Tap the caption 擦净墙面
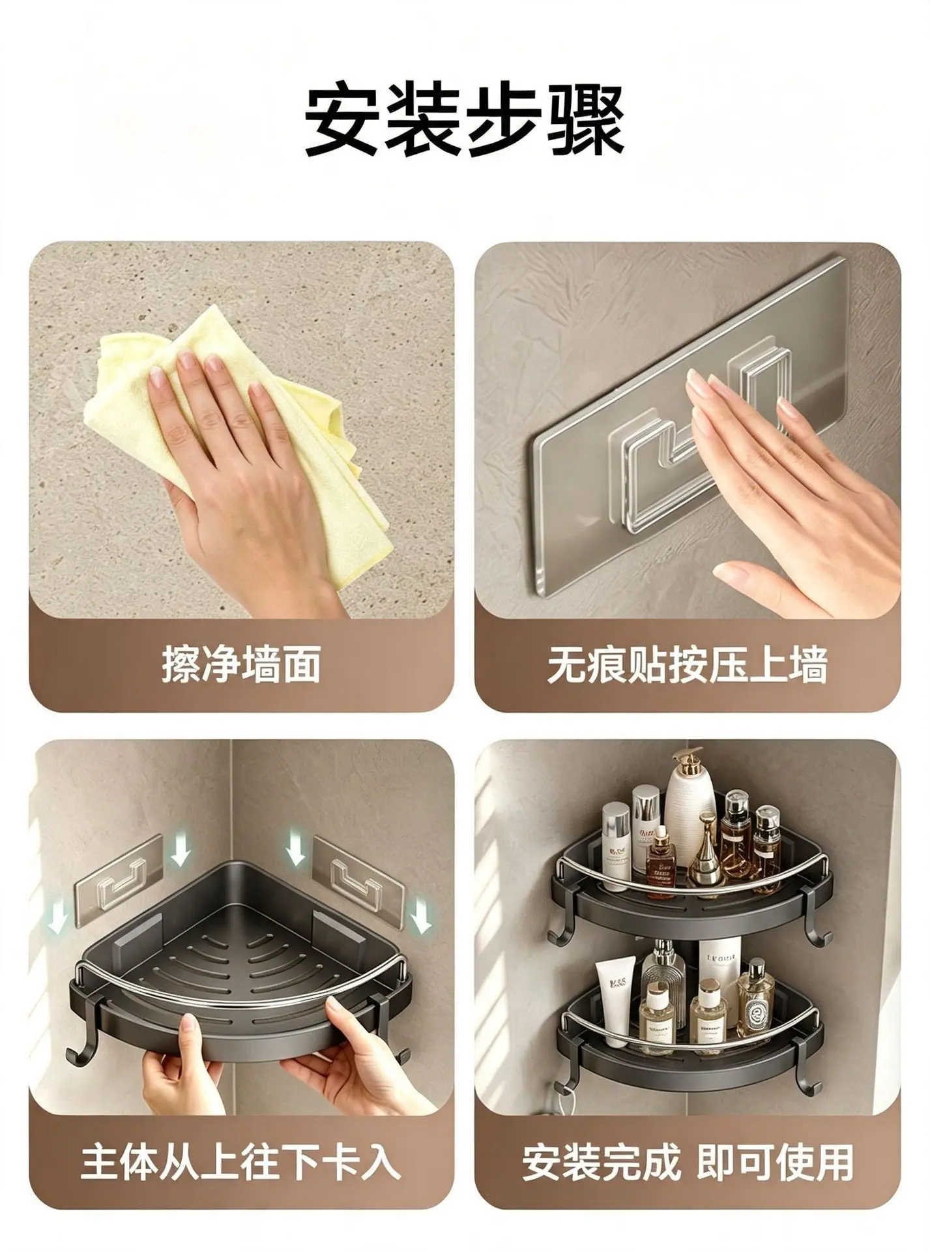click(x=240, y=665)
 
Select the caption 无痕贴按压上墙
click(x=688, y=665)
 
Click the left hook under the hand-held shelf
click(x=80, y=1041)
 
